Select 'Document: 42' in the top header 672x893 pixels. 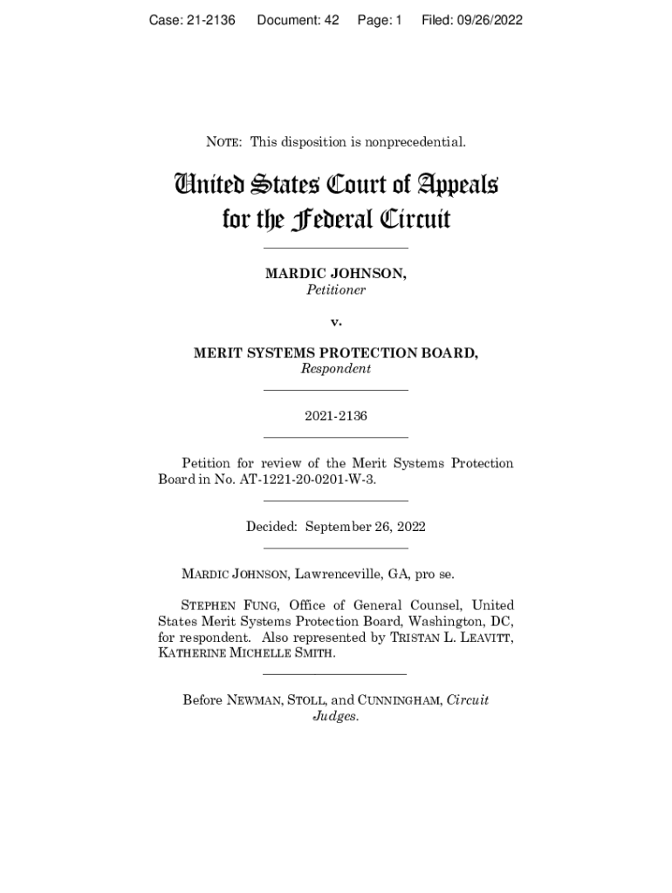pyautogui.click(x=298, y=20)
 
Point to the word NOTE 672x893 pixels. pyautogui.click(x=224, y=141)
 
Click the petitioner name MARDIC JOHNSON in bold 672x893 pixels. pyautogui.click(x=336, y=274)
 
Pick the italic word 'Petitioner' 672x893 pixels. pyautogui.click(x=336, y=290)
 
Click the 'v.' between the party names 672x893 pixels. pyautogui.click(x=336, y=322)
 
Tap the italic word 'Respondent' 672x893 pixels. pyautogui.click(x=336, y=369)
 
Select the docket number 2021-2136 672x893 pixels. pyautogui.click(x=336, y=416)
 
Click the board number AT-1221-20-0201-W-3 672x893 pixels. pyautogui.click(x=313, y=480)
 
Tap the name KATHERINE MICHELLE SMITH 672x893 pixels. pyautogui.click(x=245, y=653)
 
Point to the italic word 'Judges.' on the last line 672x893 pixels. pyautogui.click(x=336, y=717)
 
